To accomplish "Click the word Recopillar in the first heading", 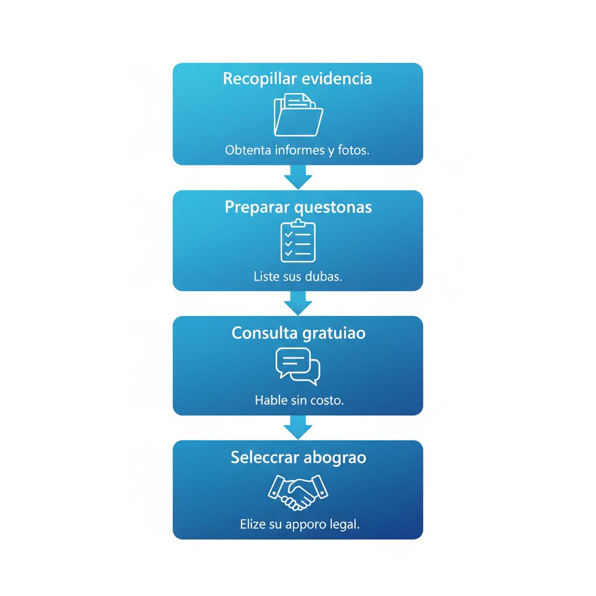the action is click(x=260, y=79).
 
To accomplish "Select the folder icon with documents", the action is click(x=299, y=115).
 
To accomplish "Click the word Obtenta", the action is click(x=248, y=150).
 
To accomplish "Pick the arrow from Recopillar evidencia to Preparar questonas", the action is click(x=298, y=177).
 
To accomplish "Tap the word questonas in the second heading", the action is click(x=334, y=208).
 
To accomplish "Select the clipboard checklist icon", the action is click(x=298, y=240).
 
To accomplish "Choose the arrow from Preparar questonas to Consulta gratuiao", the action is click(x=298, y=303).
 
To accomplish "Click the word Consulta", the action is click(x=265, y=333).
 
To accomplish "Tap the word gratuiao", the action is click(x=334, y=334).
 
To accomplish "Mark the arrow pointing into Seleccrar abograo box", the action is click(x=298, y=428).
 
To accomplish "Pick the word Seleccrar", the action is click(x=265, y=457).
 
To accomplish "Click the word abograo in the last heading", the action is click(x=335, y=458).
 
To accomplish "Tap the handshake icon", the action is click(x=298, y=492).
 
